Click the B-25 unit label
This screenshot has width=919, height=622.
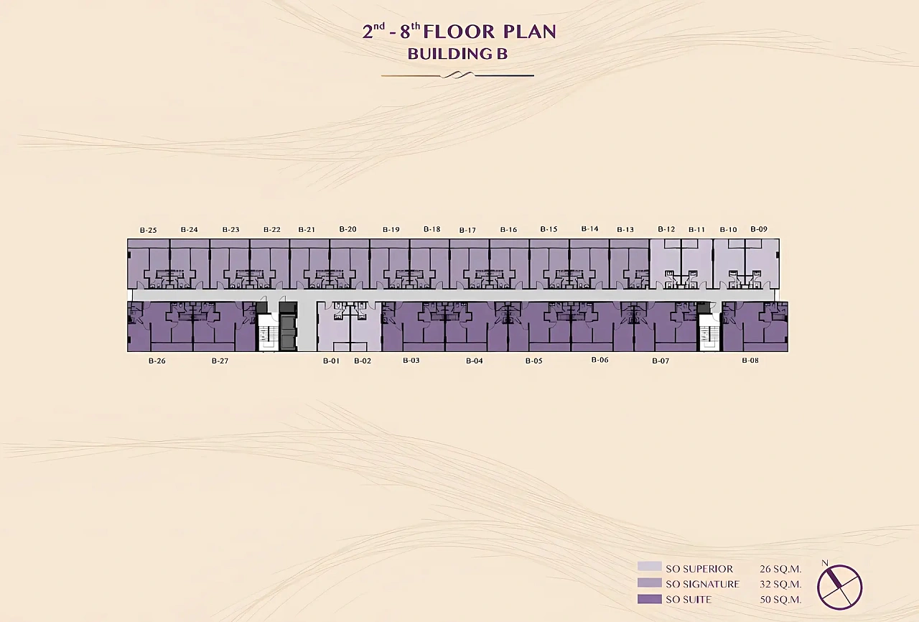148,230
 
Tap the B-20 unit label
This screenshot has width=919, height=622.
348,229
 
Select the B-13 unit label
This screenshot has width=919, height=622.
625,230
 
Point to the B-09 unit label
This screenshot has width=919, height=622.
759,229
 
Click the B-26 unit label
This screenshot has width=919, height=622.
157,361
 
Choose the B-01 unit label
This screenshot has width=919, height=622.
332,361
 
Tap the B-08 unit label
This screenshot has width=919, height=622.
750,361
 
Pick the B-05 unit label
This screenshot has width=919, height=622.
533,361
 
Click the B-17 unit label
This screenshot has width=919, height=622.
467,230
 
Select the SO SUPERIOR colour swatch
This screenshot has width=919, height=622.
650,567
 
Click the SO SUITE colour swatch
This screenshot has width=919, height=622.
650,599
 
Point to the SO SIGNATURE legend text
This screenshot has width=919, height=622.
702,584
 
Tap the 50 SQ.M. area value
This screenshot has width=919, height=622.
780,600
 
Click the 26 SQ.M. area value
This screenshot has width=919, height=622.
780,569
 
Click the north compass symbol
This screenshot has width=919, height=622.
839,587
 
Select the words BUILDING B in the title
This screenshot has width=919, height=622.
457,54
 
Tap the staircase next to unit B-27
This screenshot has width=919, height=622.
267,333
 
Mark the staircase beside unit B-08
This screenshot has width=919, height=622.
709,333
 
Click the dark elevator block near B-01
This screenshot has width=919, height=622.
288,327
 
